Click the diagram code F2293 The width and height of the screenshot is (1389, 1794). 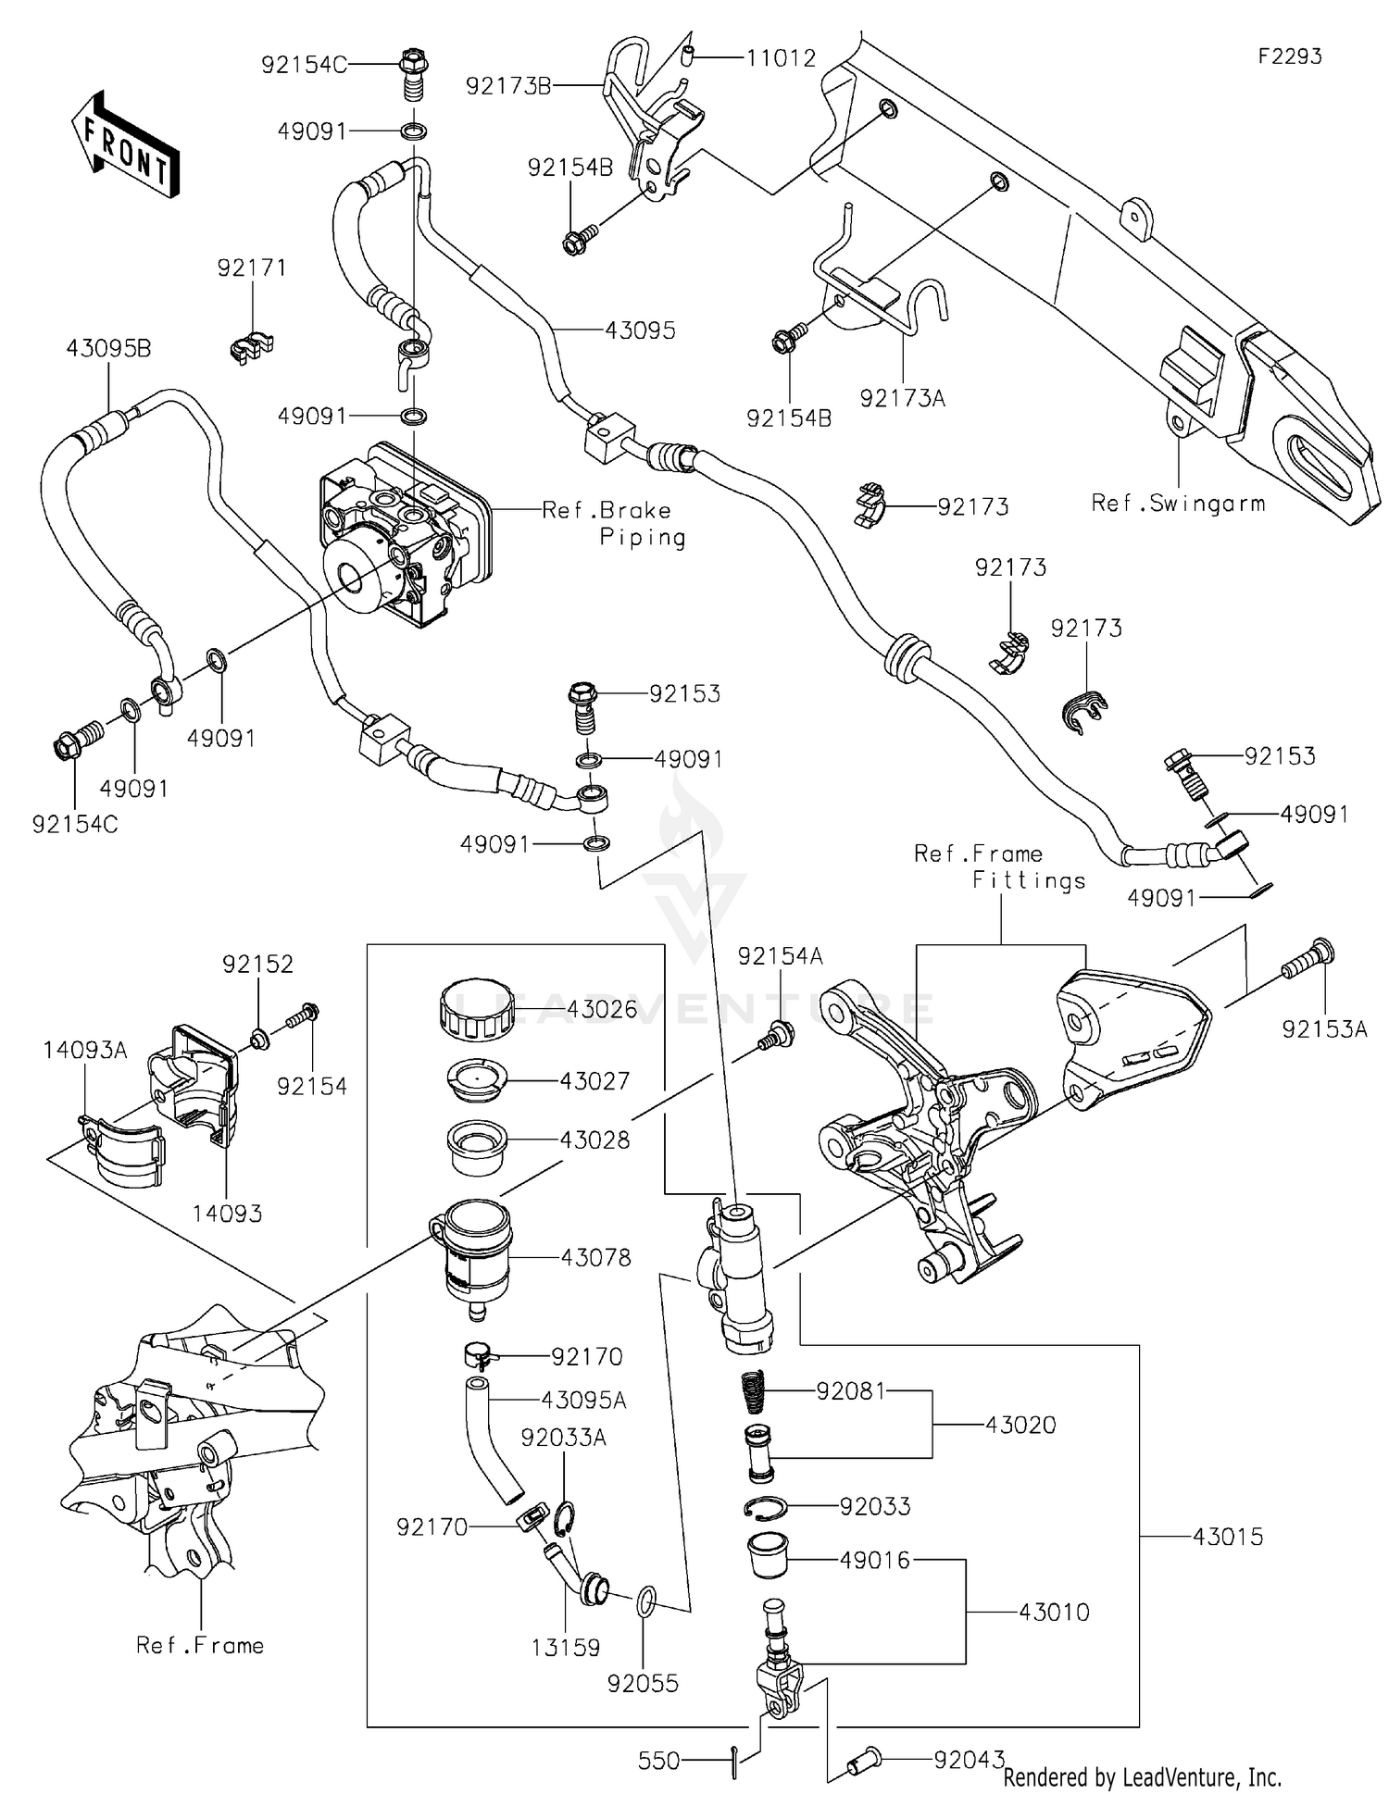(x=1289, y=56)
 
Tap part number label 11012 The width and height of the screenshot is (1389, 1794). (x=782, y=58)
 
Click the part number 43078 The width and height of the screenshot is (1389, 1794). (x=595, y=1257)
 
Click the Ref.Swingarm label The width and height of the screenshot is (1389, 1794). (x=1177, y=504)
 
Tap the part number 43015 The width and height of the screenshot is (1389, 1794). (x=1227, y=1537)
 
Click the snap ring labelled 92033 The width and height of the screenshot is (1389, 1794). (x=768, y=1507)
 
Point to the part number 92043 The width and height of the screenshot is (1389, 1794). (x=969, y=1760)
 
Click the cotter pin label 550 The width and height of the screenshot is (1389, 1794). (x=659, y=1760)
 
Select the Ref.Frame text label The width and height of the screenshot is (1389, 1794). (x=200, y=1645)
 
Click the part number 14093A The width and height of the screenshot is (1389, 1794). (x=84, y=1050)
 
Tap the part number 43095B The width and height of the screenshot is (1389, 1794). (x=108, y=349)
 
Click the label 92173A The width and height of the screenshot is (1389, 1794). (x=902, y=398)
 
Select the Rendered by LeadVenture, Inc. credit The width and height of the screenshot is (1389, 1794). (x=1143, y=1776)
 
